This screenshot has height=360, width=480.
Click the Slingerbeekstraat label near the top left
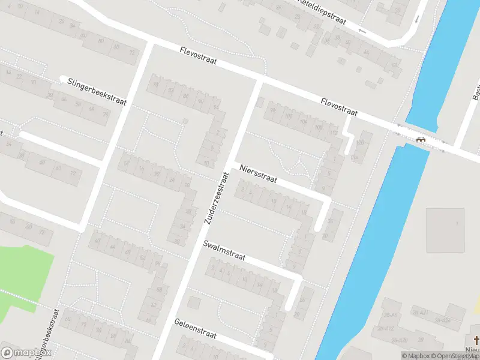point(97,91)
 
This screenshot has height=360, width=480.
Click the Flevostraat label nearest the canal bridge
point(339,107)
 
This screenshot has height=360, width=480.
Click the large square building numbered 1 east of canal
point(445,230)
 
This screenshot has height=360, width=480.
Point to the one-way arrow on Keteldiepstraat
point(362,29)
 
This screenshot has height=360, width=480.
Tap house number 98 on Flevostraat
point(273,111)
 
